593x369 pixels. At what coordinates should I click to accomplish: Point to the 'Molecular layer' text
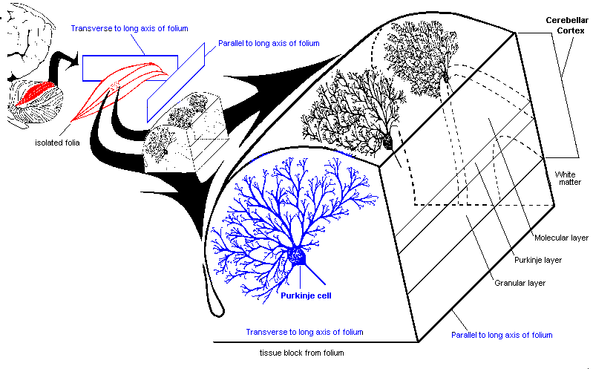click(561, 238)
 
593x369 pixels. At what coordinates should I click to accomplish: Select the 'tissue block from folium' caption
click(303, 353)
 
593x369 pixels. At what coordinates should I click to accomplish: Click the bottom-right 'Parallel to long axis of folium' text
click(502, 336)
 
